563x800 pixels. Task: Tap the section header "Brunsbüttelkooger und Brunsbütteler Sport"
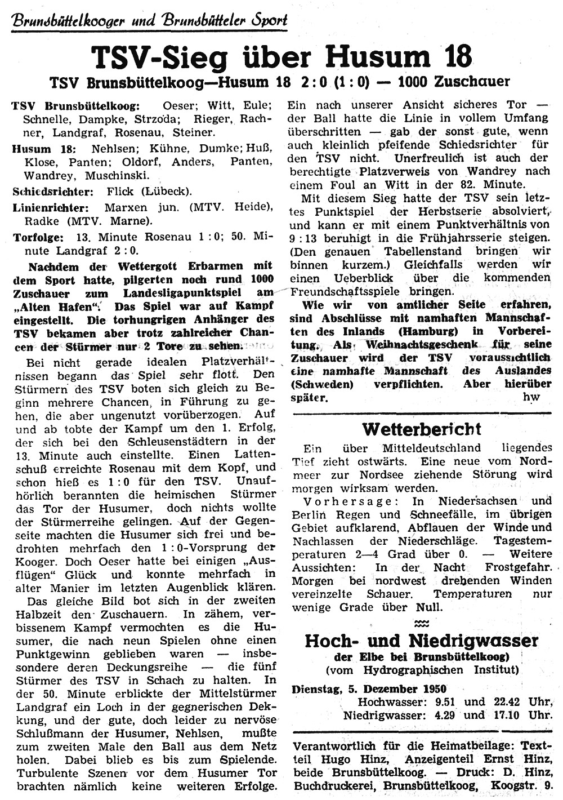[150, 20]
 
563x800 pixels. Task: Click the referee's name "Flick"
[119, 192]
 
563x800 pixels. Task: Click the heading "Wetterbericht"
[422, 429]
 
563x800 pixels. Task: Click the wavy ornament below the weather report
[422, 623]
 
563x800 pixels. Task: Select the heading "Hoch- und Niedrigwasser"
[422, 641]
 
